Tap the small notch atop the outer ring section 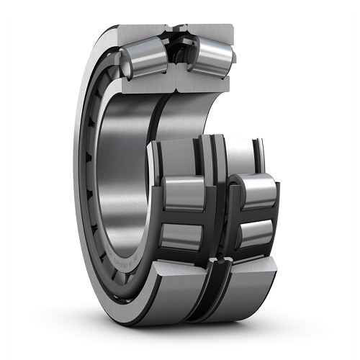177,27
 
